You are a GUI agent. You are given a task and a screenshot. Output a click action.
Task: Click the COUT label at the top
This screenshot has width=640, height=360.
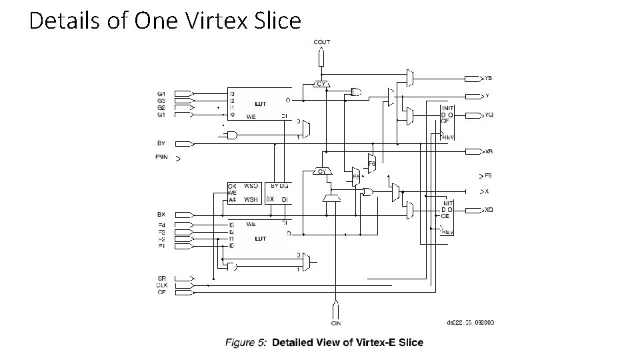point(322,42)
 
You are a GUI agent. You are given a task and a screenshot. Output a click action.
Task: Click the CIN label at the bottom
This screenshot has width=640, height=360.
point(337,323)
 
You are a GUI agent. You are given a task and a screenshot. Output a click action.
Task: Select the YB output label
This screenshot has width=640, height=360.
point(489,78)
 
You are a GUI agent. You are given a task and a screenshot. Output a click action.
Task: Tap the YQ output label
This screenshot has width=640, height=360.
point(489,115)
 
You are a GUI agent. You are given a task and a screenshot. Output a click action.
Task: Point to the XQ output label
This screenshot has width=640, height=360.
point(489,210)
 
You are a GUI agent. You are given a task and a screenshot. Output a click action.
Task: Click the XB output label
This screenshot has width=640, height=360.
point(489,151)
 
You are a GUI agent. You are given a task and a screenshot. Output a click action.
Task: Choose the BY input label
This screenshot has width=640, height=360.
point(161,143)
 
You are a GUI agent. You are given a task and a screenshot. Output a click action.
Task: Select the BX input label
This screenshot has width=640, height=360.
point(161,215)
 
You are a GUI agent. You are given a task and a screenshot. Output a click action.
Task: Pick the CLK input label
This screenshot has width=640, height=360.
point(161,285)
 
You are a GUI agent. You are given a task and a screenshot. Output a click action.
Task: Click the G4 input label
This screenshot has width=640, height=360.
point(161,93)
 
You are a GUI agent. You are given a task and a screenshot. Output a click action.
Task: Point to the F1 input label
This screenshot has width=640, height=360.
point(161,246)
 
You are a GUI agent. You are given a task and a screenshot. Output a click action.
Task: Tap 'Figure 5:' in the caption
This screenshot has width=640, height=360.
point(247,343)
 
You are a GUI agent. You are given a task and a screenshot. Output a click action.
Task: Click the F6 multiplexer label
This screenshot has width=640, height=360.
point(372,164)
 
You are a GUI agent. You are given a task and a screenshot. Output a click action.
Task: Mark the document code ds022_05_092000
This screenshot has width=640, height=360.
point(470,323)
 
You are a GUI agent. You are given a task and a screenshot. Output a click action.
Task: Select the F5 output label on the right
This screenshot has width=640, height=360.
point(488,176)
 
